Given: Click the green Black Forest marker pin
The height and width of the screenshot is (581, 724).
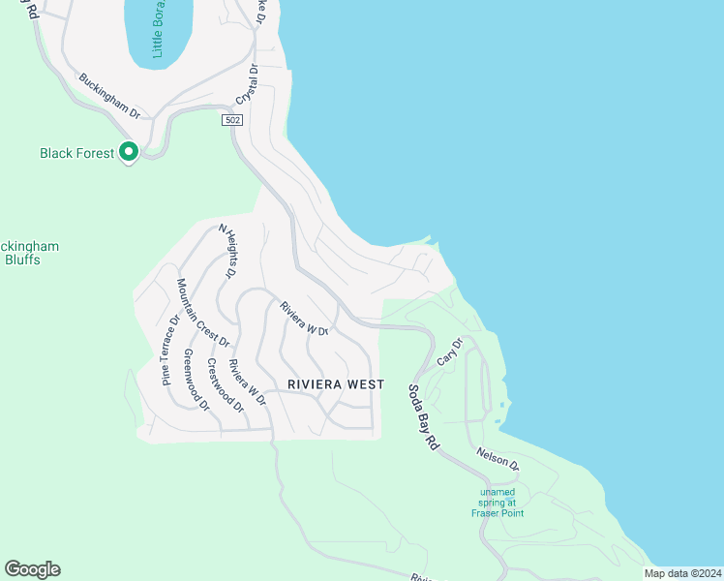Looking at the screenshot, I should click(128, 152).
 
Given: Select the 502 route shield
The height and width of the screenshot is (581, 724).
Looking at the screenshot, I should click(231, 120).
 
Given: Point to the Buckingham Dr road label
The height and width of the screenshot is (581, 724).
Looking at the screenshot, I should click(109, 97).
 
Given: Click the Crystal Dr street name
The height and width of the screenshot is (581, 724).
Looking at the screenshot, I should click(247, 85).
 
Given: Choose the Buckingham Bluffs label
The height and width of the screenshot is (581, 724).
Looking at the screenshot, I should click(26, 253).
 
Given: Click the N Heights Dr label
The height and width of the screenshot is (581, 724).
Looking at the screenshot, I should click(227, 252).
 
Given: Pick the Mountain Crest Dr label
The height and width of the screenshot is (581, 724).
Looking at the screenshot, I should click(202, 313).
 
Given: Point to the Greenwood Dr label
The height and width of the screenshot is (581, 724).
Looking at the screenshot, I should click(196, 379).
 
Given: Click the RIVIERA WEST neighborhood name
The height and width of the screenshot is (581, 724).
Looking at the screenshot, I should click(336, 384).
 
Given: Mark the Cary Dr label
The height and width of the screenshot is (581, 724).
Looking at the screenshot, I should click(450, 352).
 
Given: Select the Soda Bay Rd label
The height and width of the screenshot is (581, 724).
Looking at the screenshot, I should click(423, 417).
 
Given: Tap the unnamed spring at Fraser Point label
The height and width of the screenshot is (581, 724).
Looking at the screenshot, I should click(499, 503).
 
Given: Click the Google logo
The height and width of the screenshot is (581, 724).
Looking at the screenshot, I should click(32, 569).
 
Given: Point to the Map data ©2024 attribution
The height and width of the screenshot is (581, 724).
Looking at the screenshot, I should click(682, 573).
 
